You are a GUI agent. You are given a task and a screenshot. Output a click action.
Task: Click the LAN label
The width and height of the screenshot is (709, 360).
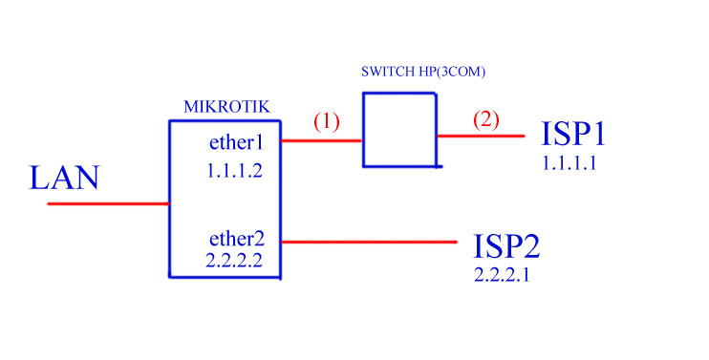point(65,179)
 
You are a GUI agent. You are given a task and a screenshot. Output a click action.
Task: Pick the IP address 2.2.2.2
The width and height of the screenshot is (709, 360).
point(234,259)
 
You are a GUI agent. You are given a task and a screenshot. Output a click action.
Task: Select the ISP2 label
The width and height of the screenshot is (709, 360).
point(506,246)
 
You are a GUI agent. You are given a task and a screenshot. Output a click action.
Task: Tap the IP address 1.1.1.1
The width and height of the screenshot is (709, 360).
point(569,163)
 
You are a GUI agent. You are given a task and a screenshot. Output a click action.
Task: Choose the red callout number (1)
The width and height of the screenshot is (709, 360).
point(327,122)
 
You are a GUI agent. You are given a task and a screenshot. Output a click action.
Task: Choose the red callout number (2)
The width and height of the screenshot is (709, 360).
point(484,120)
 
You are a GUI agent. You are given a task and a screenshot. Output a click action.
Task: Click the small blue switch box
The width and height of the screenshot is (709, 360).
point(399,130)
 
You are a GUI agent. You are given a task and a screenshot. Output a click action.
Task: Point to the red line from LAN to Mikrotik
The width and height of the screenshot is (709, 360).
point(108,203)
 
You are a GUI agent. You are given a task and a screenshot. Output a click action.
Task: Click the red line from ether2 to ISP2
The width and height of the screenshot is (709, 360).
point(369,242)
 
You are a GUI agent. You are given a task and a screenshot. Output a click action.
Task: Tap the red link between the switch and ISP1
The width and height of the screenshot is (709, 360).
point(481,136)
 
